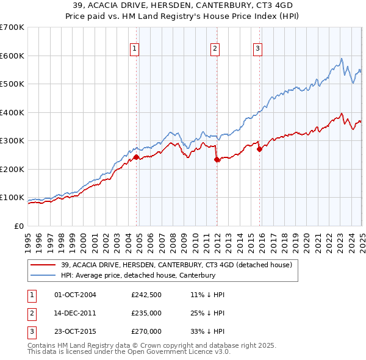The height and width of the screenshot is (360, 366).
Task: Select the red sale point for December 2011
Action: tap(217, 159)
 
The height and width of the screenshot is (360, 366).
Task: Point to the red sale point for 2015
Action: tap(259, 149)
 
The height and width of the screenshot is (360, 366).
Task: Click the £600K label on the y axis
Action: tap(12, 56)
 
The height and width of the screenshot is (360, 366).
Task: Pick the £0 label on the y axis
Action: tap(19, 226)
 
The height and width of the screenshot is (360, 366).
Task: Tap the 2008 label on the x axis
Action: tap(173, 238)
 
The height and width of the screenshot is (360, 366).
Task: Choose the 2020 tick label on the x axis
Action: tap(306, 238)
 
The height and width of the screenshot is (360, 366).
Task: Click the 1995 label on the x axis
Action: tap(28, 238)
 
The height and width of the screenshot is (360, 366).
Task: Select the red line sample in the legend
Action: tap(43, 265)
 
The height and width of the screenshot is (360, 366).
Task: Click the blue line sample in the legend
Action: tap(43, 275)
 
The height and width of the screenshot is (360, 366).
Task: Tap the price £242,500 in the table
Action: tap(146, 295)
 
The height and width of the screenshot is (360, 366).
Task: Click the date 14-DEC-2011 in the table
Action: tap(76, 313)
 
